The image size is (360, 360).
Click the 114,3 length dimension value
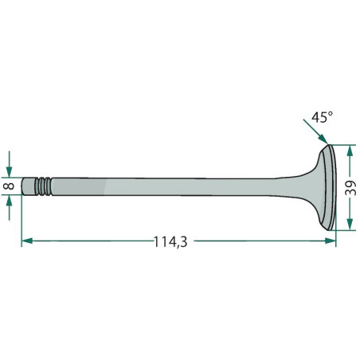(170, 242)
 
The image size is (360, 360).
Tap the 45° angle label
(322, 117)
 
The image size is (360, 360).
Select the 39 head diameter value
(350, 188)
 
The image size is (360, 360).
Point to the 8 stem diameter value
(10, 186)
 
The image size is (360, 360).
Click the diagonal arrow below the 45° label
(316, 131)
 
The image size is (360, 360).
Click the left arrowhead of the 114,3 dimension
(27, 241)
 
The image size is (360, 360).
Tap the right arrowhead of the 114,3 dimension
(331, 241)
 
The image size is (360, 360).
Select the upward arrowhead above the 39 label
(350, 151)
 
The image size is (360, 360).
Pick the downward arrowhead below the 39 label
(350, 225)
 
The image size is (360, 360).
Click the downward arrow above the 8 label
(10, 164)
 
